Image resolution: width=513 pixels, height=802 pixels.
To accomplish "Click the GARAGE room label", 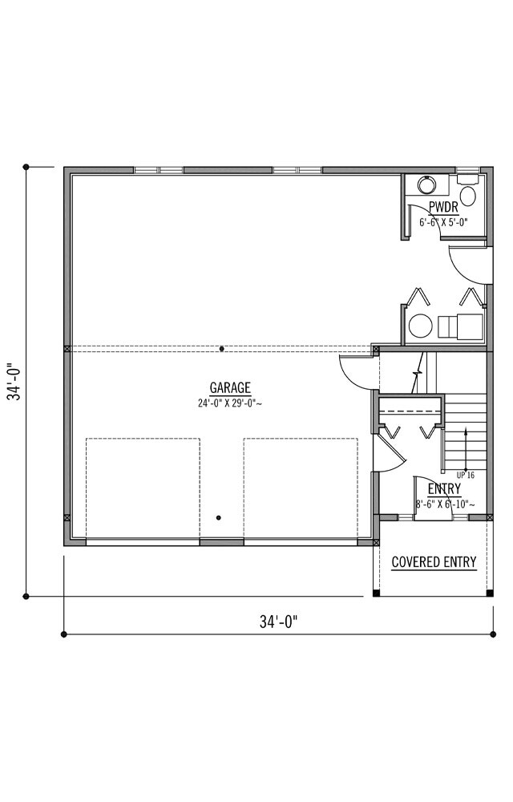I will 230,387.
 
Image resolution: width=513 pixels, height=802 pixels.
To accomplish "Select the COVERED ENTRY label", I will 434,562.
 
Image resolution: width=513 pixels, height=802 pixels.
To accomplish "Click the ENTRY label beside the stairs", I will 444,488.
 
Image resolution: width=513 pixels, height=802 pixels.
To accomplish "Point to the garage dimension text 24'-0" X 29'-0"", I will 230,403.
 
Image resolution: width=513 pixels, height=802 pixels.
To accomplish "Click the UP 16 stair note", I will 465,475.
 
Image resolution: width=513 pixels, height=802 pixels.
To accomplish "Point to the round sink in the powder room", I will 426,185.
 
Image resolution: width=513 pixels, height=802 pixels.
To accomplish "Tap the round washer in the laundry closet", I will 418,326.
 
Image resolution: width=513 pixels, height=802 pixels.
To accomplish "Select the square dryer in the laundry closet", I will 460,326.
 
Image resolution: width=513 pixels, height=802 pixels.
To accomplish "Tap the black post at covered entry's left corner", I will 377,593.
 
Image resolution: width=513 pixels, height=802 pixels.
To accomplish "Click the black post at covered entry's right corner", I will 490,593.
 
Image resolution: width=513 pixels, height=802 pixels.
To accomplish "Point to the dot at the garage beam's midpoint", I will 222,348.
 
